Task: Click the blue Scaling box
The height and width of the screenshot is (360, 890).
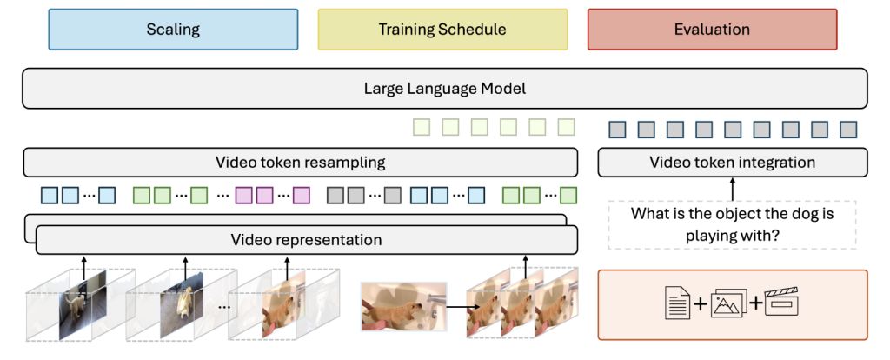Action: (173, 30)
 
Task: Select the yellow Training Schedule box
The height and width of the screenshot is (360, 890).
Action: (442, 30)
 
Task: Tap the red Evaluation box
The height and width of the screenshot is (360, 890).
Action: (712, 30)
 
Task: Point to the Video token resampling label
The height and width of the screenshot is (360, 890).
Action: (300, 163)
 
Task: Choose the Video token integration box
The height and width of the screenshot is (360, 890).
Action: (732, 163)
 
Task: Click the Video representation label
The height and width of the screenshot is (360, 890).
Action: (306, 239)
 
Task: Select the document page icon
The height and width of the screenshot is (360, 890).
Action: (676, 303)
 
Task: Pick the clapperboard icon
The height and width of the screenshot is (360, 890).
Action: (780, 303)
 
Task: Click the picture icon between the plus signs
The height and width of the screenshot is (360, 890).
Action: (727, 303)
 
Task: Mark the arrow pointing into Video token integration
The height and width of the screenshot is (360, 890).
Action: (732, 187)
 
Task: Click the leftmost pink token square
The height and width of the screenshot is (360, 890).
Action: (244, 196)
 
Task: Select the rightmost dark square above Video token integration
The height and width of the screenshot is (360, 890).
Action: (848, 130)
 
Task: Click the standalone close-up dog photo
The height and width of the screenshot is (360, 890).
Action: (403, 305)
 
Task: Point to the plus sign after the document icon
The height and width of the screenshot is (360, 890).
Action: (701, 303)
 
